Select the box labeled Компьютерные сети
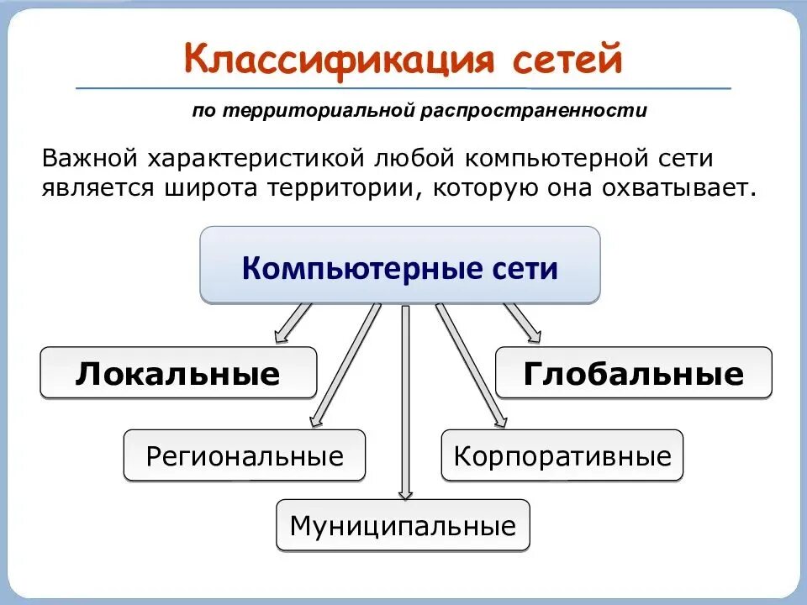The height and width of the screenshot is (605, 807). [400, 267]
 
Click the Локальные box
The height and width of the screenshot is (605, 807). [178, 372]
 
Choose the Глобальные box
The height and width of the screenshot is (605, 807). [633, 372]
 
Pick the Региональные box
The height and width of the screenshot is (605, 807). [245, 455]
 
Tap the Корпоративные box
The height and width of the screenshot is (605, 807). [562, 455]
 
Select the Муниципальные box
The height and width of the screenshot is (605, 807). [403, 526]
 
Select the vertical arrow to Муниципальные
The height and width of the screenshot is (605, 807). [405, 403]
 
